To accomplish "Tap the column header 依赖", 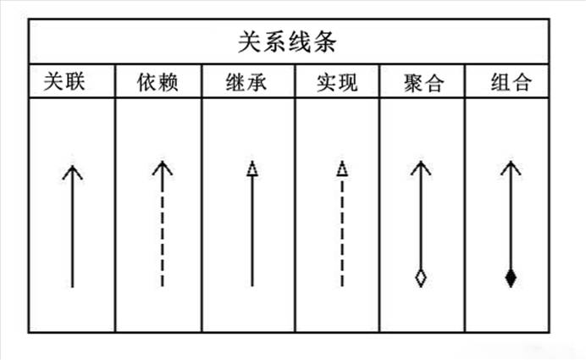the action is (x=158, y=84).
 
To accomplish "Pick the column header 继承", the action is (x=248, y=84).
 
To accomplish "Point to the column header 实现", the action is (x=337, y=84).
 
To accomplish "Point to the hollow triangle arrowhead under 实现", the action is (x=341, y=168).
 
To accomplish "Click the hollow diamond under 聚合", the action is (x=420, y=277).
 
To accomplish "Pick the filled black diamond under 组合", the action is (x=510, y=277).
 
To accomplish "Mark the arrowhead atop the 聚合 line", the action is (x=419, y=168).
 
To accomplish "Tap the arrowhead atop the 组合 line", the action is (x=509, y=168).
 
